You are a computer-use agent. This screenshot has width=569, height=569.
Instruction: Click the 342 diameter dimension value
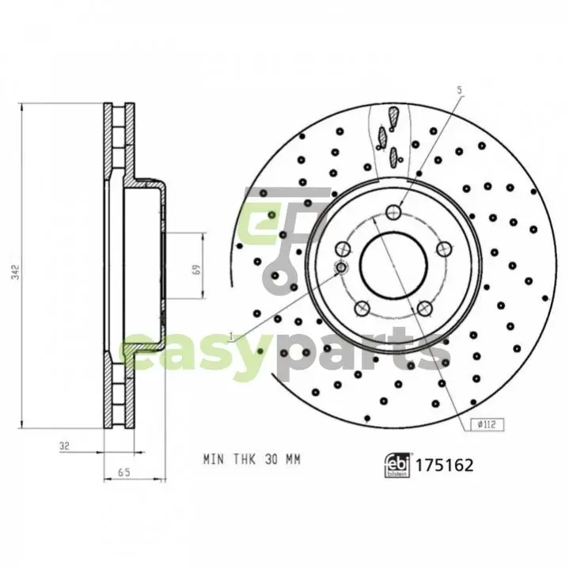[15, 271]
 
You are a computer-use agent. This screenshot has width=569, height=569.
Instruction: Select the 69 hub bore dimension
[196, 269]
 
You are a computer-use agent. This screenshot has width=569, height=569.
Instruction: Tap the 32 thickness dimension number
[64, 446]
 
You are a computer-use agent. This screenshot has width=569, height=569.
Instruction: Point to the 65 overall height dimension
[124, 472]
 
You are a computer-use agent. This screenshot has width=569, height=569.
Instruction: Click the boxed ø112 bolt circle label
[487, 424]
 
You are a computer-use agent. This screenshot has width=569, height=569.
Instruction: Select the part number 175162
[444, 465]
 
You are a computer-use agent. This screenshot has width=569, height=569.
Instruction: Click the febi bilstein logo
[397, 465]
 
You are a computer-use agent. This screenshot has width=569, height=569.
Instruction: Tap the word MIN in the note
[214, 460]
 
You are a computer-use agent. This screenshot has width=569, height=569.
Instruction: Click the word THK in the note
[245, 460]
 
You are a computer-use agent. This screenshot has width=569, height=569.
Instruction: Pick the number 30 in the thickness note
[271, 460]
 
